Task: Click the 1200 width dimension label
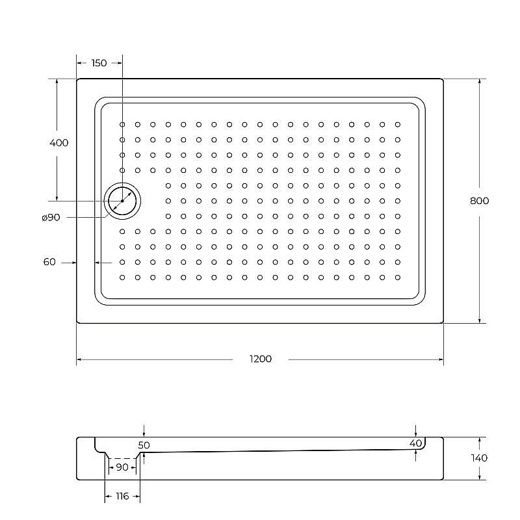260,359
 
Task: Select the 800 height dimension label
479,201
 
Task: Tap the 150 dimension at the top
99,63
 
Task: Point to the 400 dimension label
58,143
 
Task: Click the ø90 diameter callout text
50,218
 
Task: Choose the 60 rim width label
49,262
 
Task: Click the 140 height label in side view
479,458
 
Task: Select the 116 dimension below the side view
122,497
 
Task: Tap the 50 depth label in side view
144,445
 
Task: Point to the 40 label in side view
416,443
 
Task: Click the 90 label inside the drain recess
122,467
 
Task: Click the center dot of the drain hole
122,201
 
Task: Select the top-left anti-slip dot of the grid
122,124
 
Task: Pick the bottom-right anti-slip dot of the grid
397,277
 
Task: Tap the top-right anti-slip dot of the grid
397,124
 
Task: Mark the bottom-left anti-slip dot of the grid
122,277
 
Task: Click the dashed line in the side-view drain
122,458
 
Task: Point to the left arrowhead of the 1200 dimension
79,359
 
